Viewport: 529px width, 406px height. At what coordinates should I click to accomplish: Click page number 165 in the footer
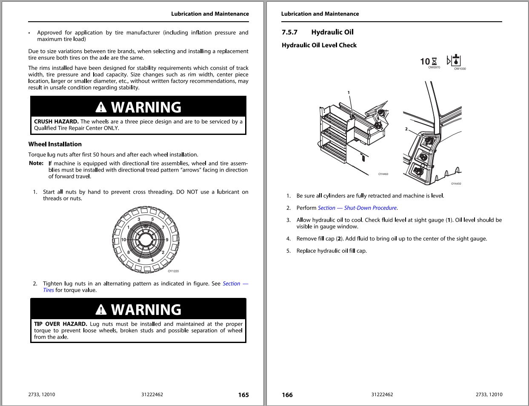(243, 395)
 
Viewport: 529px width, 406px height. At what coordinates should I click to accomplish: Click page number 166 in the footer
(287, 395)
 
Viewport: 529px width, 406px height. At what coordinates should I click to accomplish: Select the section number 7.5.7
(289, 32)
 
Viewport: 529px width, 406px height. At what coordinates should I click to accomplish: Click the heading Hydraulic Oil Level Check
(319, 45)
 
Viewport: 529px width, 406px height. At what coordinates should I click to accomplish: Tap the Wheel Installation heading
(55, 144)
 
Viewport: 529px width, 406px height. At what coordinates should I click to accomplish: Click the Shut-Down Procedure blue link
(357, 208)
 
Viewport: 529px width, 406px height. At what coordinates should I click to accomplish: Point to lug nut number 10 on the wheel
(123, 240)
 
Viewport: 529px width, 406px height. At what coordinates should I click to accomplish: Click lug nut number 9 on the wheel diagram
(167, 240)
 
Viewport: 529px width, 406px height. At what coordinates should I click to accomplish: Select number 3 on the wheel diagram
(139, 220)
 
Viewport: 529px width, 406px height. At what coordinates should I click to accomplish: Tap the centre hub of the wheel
(146, 240)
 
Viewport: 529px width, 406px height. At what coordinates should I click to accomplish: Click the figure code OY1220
(173, 271)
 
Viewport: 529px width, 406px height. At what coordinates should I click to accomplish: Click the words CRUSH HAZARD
(56, 122)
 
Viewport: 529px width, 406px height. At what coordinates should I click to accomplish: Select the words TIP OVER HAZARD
(60, 324)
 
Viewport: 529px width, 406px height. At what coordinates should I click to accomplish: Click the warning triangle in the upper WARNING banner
(101, 107)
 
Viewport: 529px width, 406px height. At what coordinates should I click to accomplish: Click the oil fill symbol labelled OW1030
(455, 60)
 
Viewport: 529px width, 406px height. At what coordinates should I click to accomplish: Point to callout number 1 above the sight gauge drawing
(349, 92)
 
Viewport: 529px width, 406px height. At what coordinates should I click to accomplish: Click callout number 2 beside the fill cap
(406, 129)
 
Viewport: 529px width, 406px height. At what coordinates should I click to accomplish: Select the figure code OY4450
(456, 184)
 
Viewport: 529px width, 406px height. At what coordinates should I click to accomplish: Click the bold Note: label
(36, 163)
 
